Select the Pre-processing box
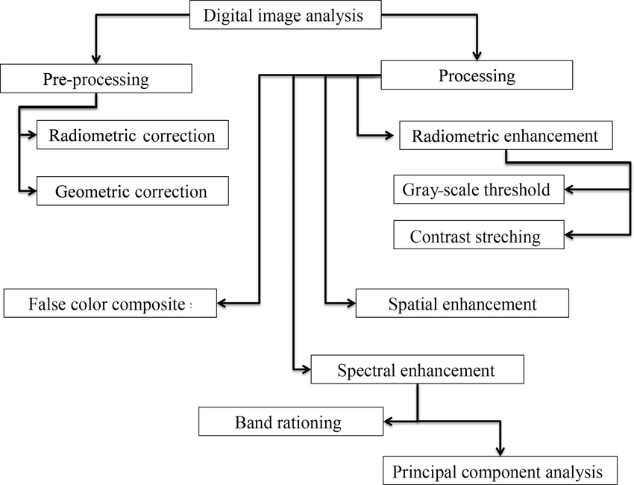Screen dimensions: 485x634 point(96,78)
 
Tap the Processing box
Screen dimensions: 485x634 point(477,75)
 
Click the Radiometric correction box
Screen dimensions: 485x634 point(132,136)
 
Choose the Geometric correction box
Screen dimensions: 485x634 point(132,191)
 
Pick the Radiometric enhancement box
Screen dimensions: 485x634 point(505,136)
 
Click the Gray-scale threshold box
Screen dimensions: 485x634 point(477,190)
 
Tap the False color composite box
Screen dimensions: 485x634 point(110,304)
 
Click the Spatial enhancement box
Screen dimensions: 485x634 point(462,304)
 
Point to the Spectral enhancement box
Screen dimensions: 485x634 point(416,370)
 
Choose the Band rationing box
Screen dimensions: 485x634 point(290,422)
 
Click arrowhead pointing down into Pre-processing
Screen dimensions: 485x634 point(95,59)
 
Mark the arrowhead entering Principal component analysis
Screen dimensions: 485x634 point(500,451)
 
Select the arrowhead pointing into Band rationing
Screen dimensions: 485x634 point(388,422)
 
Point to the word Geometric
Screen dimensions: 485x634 point(92,192)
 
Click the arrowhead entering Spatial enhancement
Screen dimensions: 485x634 point(349,303)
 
